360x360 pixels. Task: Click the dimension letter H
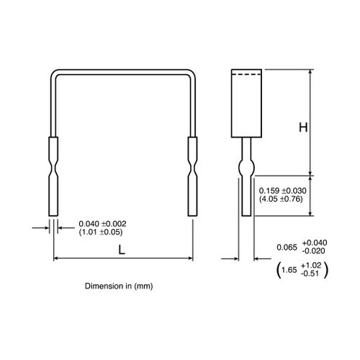coord(303,127)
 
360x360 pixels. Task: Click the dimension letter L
coord(122,251)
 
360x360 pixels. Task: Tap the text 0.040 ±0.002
coord(102,224)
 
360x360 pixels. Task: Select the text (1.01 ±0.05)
coord(101,232)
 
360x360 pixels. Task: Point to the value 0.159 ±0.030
coord(283,191)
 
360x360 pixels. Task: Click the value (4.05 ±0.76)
coord(281,199)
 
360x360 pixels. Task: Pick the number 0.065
coord(287,247)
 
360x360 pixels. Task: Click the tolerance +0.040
coord(315,243)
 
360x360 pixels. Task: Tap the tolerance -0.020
coord(314,251)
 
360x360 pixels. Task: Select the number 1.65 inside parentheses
coord(289,270)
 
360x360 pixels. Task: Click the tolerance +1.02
coord(311,266)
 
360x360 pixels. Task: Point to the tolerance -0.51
coord(310,274)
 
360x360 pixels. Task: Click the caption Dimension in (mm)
coord(119,286)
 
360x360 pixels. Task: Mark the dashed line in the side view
coord(246,75)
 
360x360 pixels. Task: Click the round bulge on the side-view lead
coord(246,168)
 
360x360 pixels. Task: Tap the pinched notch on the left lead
coord(53,168)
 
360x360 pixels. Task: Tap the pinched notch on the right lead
coord(192,168)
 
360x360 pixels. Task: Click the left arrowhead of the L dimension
coord(55,258)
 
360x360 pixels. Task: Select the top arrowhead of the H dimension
coord(310,72)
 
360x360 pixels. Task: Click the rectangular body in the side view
coord(246,104)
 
